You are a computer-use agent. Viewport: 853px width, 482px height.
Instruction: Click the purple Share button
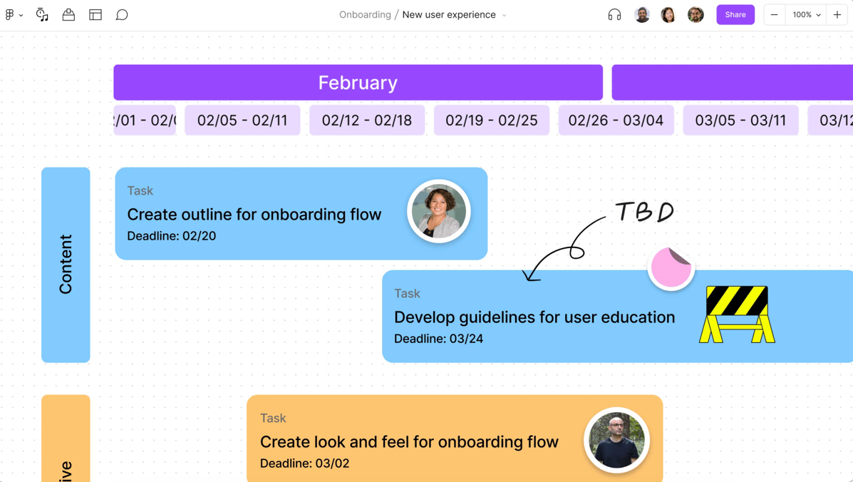[x=735, y=14]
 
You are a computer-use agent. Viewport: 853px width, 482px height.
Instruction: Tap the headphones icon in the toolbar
[x=614, y=15]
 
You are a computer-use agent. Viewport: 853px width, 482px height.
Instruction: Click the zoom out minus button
[x=774, y=15]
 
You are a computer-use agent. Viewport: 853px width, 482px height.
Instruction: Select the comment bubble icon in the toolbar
[x=122, y=15]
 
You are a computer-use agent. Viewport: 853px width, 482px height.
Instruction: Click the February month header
[x=358, y=83]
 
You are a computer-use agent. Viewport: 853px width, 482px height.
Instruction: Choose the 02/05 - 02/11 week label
[x=242, y=120]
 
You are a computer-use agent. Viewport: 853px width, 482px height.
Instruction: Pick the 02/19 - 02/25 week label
[x=491, y=120]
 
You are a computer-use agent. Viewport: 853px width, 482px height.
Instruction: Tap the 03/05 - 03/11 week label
[x=740, y=120]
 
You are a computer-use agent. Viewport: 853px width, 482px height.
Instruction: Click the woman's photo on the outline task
[x=439, y=211]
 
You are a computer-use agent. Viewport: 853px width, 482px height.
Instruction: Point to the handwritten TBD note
[x=644, y=212]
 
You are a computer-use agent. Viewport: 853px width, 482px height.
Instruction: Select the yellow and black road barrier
[x=737, y=314]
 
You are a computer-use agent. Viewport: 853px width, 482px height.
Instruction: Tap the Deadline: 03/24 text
[x=438, y=339]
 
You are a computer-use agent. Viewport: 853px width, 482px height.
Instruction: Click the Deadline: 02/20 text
[x=171, y=236]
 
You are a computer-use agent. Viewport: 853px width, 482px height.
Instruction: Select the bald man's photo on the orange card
[x=616, y=440]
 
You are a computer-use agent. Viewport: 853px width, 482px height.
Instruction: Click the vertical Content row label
[x=66, y=265]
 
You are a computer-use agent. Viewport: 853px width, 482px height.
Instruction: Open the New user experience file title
[x=449, y=15]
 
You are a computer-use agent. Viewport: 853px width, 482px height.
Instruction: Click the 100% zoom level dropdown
[x=807, y=15]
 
